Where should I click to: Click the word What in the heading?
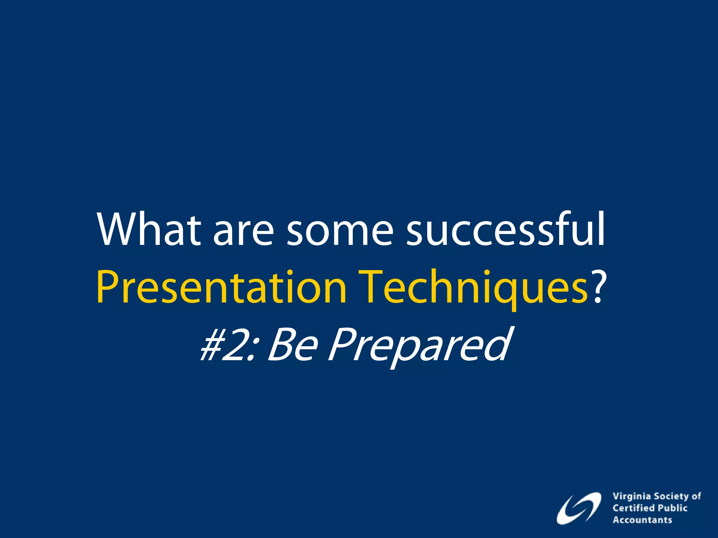click(x=149, y=230)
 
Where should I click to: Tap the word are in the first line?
click(x=243, y=233)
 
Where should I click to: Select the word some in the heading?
click(x=340, y=233)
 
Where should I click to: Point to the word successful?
click(x=505, y=230)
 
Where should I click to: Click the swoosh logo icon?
click(x=578, y=508)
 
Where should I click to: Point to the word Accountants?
click(x=642, y=520)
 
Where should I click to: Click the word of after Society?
click(x=696, y=496)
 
